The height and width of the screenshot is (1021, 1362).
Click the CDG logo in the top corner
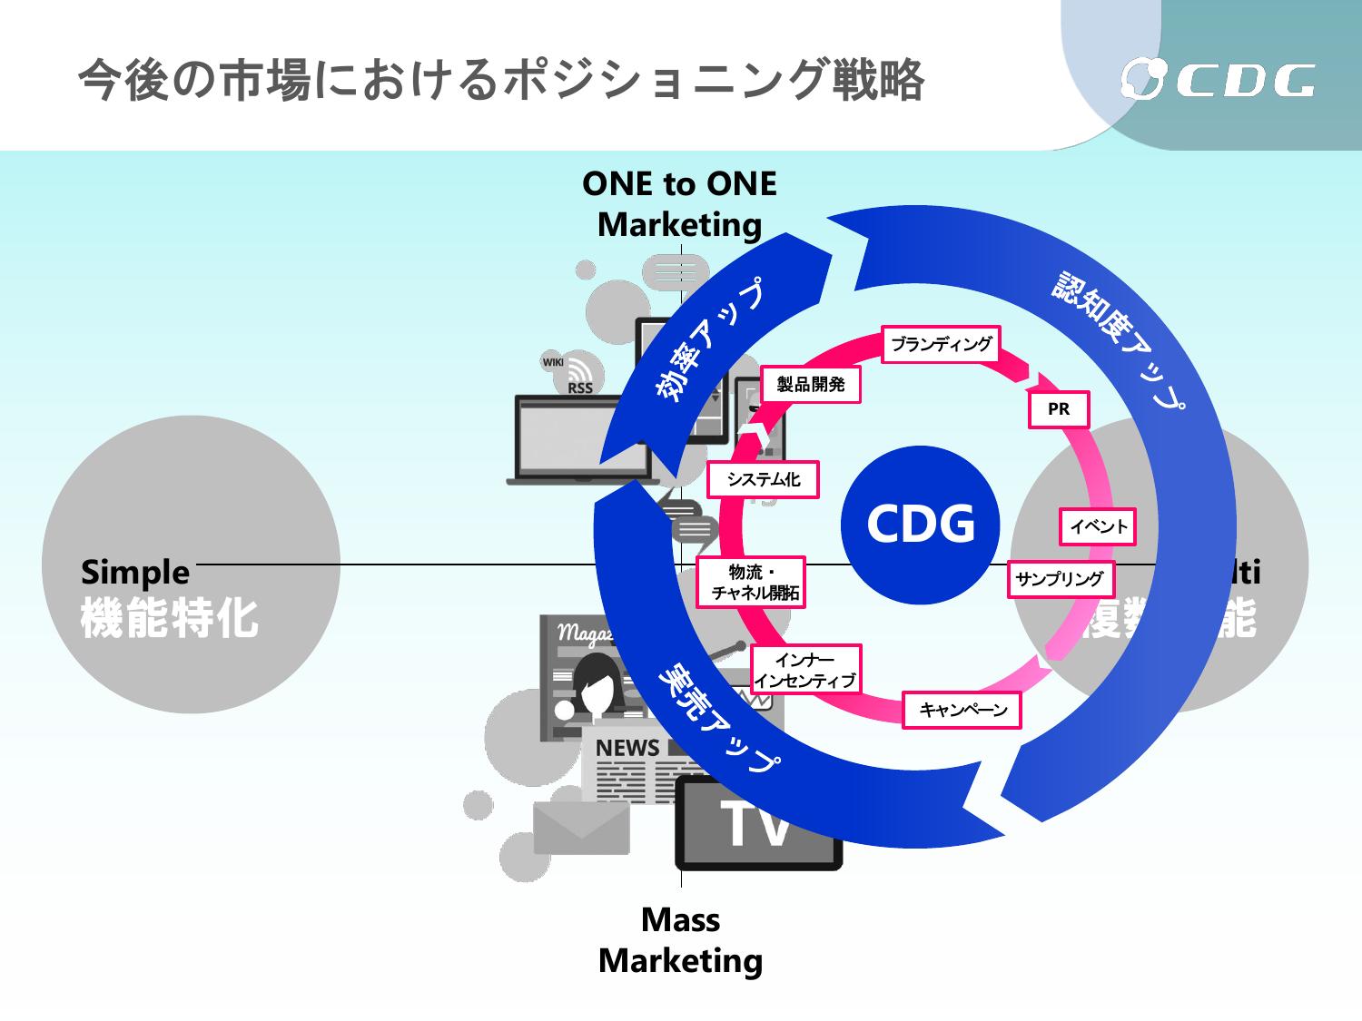coord(1217,80)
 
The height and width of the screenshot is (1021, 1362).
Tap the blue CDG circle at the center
coord(921,524)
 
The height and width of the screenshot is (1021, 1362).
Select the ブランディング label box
coord(942,344)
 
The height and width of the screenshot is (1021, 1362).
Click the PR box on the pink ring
coord(1059,409)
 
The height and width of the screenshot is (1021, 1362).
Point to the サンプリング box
coord(1060,579)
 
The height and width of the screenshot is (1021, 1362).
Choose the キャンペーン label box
coord(962,710)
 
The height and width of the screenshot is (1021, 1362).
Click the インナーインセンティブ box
coord(805,671)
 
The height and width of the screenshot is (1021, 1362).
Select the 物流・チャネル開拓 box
coord(753,583)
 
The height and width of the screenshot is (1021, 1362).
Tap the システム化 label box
coord(763,480)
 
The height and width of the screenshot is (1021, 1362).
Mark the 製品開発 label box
coord(811,385)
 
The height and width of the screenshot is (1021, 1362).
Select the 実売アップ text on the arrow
coord(717,717)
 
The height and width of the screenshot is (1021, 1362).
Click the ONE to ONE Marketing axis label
coord(679,204)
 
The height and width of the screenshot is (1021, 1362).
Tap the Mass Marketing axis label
coord(680,940)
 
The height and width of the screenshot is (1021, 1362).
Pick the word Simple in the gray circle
coord(135,573)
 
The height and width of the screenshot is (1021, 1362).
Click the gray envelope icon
coord(581,828)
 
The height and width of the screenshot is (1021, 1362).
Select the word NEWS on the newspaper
coord(627,749)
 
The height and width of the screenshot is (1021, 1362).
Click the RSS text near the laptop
coord(579,388)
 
